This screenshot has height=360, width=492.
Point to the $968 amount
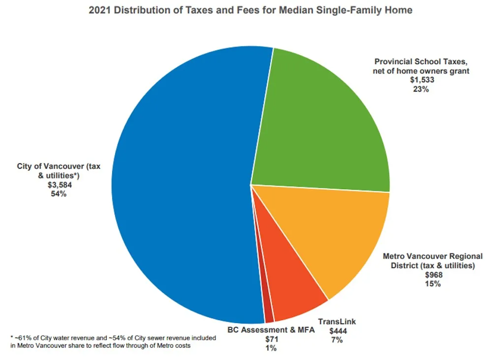tap(433, 275)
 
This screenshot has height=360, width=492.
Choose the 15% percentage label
tap(433, 284)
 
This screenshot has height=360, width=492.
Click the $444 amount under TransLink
tap(337, 330)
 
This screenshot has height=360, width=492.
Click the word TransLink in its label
tap(337, 322)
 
